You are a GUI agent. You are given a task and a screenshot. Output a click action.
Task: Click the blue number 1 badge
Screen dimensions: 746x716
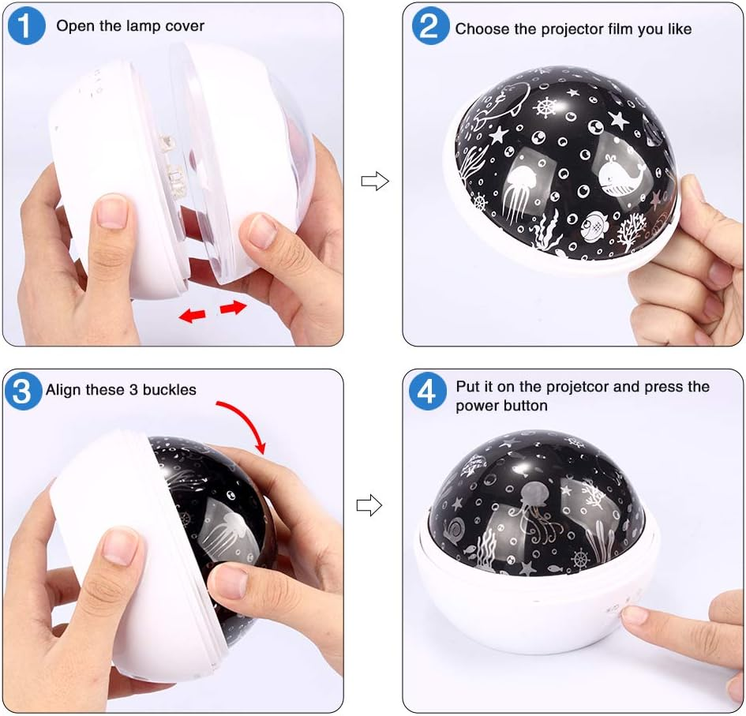(27, 26)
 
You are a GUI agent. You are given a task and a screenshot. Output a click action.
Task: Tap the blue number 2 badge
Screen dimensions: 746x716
(430, 26)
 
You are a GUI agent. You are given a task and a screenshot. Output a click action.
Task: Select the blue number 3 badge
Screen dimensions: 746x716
(23, 391)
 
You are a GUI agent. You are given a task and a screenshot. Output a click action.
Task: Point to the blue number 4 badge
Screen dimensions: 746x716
(428, 392)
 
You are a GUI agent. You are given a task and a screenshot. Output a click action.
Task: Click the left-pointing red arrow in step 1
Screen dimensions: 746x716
(192, 315)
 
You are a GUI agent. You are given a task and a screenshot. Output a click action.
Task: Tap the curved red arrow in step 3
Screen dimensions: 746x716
(245, 422)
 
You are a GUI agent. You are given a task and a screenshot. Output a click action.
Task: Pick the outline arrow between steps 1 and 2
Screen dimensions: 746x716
(375, 181)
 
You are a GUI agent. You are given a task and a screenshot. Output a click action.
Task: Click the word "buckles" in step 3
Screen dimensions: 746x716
(170, 390)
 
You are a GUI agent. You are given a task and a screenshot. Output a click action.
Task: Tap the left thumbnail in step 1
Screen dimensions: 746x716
(113, 211)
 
